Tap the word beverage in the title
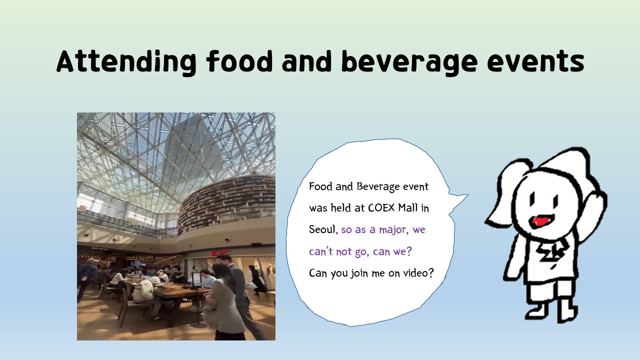click(x=409, y=62)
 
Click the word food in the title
click(x=239, y=61)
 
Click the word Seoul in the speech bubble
click(x=321, y=229)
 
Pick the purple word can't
click(x=321, y=251)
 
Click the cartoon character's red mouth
click(x=538, y=221)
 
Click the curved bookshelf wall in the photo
click(x=225, y=203)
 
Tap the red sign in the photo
click(x=220, y=253)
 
